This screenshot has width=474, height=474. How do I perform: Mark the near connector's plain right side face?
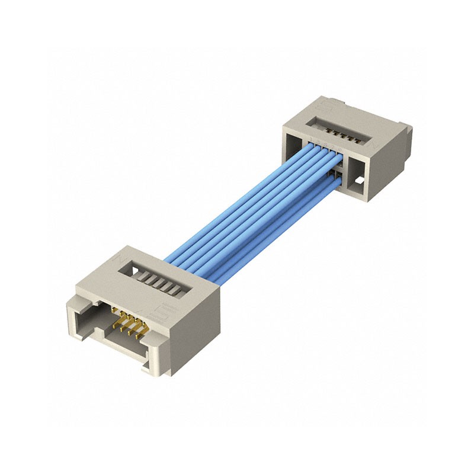191,332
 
